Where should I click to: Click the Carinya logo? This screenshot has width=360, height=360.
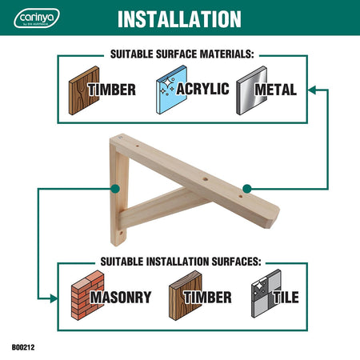click(37, 18)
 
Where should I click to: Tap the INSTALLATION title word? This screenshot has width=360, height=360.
click(179, 19)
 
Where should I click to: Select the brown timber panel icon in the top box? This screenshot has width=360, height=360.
click(84, 90)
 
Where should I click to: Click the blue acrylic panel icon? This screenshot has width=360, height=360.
click(171, 90)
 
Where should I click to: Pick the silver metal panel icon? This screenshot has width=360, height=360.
click(251, 90)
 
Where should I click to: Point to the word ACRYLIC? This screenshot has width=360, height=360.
click(202, 89)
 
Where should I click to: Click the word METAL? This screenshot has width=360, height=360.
click(275, 90)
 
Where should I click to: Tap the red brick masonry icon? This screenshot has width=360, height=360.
click(87, 295)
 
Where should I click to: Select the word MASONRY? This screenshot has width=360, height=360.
click(121, 298)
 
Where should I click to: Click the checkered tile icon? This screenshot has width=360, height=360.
click(266, 294)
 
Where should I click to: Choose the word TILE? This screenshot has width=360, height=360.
click(286, 298)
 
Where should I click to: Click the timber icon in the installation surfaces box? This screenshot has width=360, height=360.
click(186, 295)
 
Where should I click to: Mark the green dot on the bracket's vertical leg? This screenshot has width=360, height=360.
click(115, 189)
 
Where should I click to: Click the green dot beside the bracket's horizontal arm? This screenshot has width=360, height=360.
click(247, 189)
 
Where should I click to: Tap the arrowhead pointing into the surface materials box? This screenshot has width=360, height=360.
click(312, 90)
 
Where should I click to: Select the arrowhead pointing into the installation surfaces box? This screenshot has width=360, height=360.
click(53, 298)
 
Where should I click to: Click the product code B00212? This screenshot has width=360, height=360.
click(23, 347)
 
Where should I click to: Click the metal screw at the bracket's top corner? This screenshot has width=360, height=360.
click(120, 138)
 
